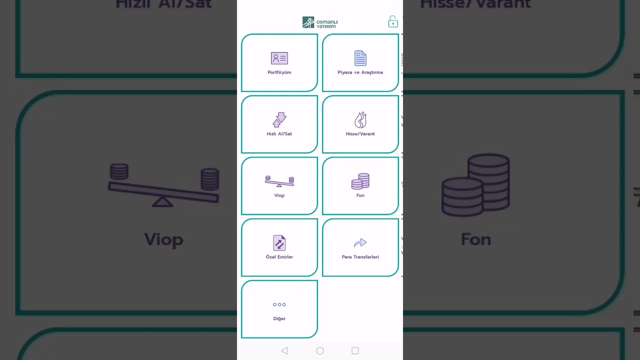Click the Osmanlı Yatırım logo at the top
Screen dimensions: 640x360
[320, 22]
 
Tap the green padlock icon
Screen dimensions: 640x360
[393, 21]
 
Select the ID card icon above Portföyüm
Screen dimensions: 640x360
[279, 58]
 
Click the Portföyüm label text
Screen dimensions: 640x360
[279, 72]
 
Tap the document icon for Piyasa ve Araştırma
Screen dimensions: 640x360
[360, 58]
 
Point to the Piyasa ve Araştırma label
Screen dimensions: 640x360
[360, 72]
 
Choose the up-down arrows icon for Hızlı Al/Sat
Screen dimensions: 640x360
[279, 120]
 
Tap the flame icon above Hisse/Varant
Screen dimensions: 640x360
[360, 120]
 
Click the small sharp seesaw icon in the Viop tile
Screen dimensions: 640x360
[279, 181]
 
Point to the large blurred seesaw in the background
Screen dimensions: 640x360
[164, 185]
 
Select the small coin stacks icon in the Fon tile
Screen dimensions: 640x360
[360, 181]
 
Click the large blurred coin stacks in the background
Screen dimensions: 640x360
[476, 185]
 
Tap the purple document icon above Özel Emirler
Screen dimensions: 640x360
[279, 243]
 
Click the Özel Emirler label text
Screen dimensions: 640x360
[279, 257]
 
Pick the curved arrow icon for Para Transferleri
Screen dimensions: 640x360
[360, 243]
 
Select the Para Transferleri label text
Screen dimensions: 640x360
[360, 257]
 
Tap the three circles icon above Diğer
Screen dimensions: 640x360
[279, 304]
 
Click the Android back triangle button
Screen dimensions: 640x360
[284, 351]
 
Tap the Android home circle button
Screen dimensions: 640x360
[320, 351]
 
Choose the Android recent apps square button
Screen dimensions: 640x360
[355, 351]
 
